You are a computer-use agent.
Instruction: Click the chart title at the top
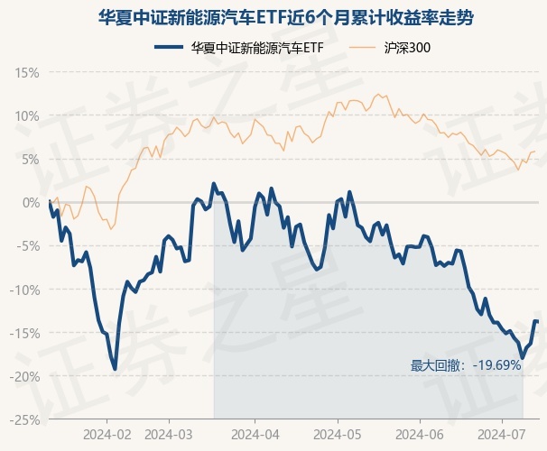273,17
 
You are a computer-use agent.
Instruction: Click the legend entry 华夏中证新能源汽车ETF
238,48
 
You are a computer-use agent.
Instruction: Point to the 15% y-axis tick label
26,72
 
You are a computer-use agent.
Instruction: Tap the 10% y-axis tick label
26,115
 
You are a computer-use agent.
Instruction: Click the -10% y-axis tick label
24,290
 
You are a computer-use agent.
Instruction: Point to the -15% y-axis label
24,333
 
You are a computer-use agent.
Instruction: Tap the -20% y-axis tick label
24,376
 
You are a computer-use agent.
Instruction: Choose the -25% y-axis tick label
24,419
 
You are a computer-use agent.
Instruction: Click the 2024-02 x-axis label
107,433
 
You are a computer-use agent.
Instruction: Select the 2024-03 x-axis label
170,433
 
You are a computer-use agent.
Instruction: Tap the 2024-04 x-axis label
254,433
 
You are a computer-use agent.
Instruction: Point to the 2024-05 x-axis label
338,433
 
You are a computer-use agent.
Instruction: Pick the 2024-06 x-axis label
421,433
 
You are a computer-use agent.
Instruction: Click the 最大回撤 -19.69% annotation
466,365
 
